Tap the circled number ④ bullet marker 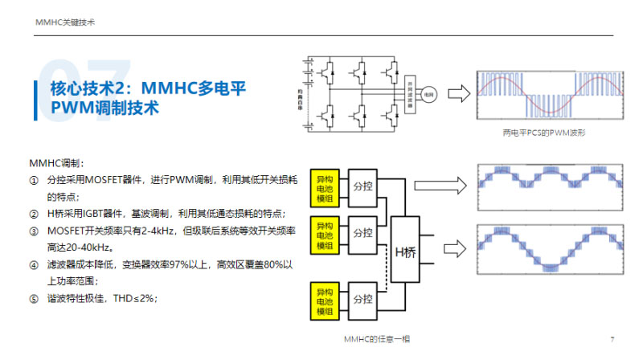click(34, 264)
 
